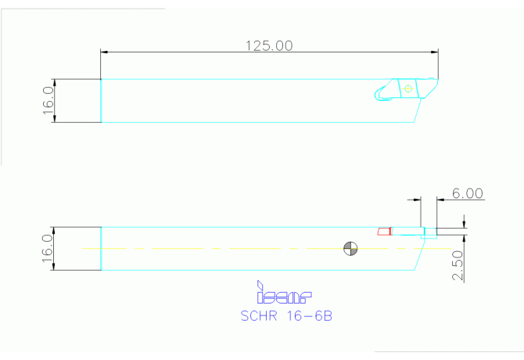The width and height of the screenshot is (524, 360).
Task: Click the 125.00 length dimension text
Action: click(270, 45)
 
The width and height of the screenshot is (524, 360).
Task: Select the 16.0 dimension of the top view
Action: click(47, 101)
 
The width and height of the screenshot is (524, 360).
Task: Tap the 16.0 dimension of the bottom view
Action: click(47, 249)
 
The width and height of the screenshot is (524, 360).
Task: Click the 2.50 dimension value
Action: click(458, 266)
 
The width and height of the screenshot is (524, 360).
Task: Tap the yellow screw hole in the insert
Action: click(407, 88)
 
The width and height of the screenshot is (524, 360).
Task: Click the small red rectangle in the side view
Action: click(383, 232)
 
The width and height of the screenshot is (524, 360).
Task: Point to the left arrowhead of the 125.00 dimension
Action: click(105, 52)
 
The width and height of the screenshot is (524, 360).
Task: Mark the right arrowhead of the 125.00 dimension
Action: click(434, 52)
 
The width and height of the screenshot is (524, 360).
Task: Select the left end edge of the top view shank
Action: click(101, 101)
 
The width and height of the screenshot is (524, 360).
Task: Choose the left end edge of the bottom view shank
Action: click(101, 249)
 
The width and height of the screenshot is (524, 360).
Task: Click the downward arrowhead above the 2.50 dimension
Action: click(464, 225)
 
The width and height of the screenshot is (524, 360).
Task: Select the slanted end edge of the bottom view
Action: click(418, 254)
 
